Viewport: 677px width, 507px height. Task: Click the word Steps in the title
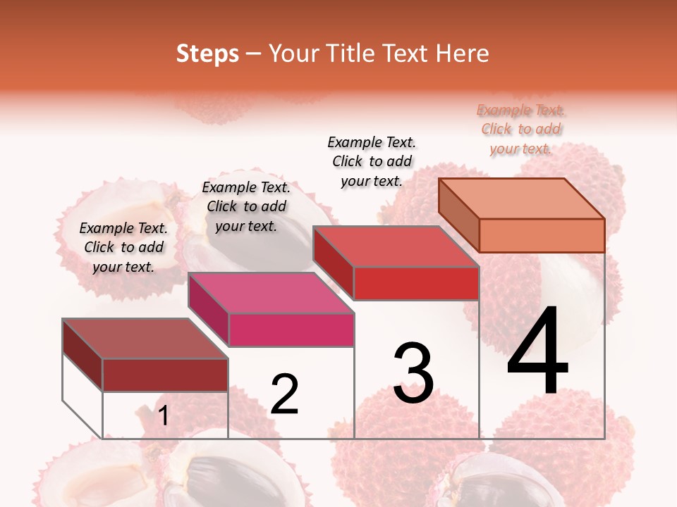[207, 54]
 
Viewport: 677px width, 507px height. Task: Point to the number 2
[284, 394]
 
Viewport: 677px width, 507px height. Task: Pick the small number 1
[164, 416]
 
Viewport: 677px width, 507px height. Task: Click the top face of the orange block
[522, 199]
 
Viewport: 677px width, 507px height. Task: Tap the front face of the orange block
[542, 235]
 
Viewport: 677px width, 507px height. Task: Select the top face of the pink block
[271, 293]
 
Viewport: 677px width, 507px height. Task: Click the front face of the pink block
[291, 330]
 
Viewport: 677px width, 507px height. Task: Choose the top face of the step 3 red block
[396, 246]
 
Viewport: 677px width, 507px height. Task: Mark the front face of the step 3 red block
[416, 283]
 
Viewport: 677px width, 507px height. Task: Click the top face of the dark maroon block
[145, 339]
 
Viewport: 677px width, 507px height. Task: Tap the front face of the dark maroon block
[165, 375]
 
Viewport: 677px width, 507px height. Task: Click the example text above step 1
[123, 247]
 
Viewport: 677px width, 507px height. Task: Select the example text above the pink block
[246, 206]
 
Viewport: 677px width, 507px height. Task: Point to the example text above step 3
[372, 161]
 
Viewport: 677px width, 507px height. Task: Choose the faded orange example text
[521, 129]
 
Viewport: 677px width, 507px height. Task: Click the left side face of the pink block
[209, 310]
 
